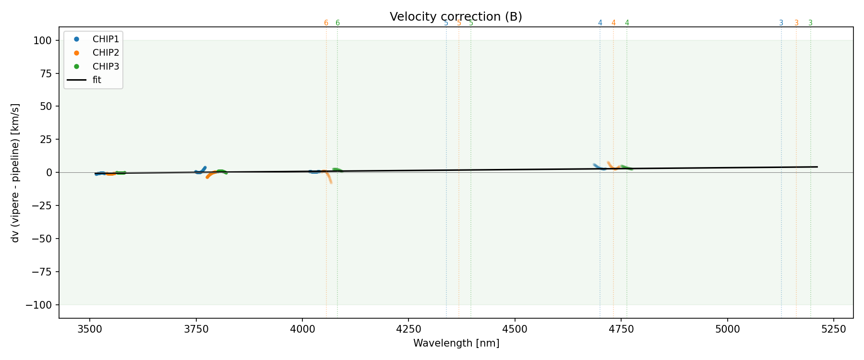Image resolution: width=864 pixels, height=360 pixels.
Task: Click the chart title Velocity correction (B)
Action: click(x=456, y=17)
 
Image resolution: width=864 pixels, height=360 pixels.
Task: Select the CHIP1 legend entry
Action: click(x=106, y=39)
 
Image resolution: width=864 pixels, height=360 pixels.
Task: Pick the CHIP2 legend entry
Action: click(x=106, y=53)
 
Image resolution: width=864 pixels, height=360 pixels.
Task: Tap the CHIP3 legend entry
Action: click(x=106, y=66)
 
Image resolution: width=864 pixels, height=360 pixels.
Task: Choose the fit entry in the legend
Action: click(x=97, y=80)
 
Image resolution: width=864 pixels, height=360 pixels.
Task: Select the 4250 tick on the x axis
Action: click(x=408, y=329)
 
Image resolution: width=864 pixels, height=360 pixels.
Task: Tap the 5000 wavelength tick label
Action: click(x=727, y=329)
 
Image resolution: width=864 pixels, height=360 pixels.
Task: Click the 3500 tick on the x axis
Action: click(x=90, y=329)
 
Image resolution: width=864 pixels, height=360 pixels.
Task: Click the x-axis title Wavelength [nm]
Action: click(x=456, y=343)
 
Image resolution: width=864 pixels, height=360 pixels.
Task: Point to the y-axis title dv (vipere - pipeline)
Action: click(x=15, y=172)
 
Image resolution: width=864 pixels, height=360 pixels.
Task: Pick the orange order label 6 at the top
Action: click(x=326, y=23)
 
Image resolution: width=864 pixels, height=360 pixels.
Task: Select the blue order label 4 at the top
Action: click(x=600, y=23)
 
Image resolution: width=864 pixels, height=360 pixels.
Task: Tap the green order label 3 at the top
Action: click(x=810, y=23)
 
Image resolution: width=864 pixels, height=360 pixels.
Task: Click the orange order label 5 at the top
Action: click(x=459, y=23)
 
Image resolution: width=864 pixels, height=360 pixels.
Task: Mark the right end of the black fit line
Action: click(x=817, y=167)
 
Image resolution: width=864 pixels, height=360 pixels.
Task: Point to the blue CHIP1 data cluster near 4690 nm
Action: click(x=598, y=167)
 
